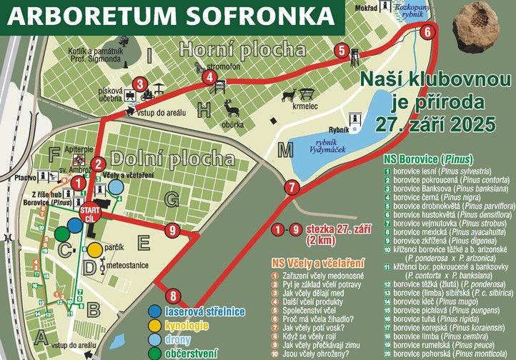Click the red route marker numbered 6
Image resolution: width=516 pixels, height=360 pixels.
click(x=427, y=31)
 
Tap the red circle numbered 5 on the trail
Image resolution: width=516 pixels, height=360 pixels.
click(x=342, y=51)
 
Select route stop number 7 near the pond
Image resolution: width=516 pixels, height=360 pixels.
click(x=290, y=188)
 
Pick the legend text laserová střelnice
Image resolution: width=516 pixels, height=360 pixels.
click(x=204, y=311)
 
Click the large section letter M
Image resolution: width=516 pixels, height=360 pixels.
click(x=287, y=150)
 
